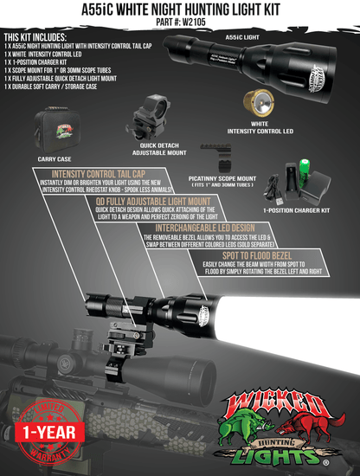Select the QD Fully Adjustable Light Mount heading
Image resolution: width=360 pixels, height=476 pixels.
(148, 200)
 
